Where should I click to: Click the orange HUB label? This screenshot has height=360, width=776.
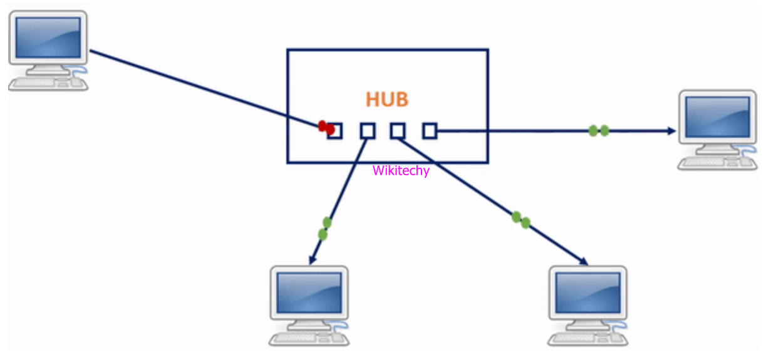(386, 100)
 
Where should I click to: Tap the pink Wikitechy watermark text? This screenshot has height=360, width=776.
(401, 170)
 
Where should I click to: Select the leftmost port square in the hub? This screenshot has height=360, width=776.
(335, 131)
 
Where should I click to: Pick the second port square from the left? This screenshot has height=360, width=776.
(367, 131)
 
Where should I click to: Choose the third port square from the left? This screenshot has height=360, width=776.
(398, 131)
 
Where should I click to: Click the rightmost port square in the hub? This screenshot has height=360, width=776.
(429, 131)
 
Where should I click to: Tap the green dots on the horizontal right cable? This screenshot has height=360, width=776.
(599, 131)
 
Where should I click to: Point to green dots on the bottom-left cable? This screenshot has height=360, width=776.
(324, 229)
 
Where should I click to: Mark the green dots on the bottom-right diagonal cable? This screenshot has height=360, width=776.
(520, 220)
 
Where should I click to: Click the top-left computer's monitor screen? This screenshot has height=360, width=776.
(48, 37)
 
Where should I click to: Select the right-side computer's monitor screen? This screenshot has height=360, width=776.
(717, 116)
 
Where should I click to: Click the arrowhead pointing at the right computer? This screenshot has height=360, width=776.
(672, 131)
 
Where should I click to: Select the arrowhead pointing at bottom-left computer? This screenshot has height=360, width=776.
(312, 259)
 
